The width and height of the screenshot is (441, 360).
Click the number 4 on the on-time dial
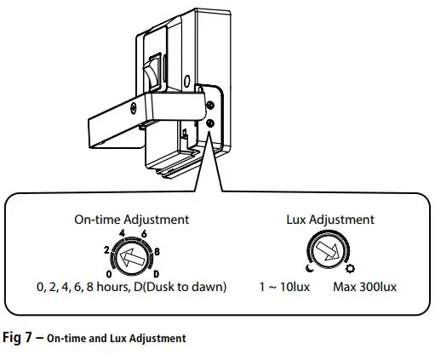(122, 233)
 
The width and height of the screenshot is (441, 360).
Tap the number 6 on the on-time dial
(144, 234)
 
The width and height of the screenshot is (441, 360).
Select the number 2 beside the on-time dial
(106, 250)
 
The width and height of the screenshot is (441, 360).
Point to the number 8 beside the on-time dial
(157, 252)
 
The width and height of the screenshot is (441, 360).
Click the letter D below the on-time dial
(157, 274)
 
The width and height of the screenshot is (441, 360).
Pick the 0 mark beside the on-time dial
(109, 274)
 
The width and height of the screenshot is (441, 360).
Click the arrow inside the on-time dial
(133, 258)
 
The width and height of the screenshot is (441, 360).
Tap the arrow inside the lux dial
(328, 251)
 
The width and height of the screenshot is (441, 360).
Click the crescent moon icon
(310, 268)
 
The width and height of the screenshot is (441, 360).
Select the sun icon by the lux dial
(350, 268)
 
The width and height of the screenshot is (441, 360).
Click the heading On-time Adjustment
(132, 220)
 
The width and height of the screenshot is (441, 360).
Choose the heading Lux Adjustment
(330, 220)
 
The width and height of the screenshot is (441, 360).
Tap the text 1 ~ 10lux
(284, 287)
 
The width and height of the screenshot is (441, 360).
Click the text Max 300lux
(364, 287)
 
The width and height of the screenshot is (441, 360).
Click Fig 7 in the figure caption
(16, 338)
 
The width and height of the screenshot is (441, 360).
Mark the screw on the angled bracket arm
(134, 108)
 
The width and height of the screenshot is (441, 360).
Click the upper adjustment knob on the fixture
(210, 106)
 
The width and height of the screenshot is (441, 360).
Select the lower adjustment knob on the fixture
(210, 123)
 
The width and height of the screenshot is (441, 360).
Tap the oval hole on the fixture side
(186, 81)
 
